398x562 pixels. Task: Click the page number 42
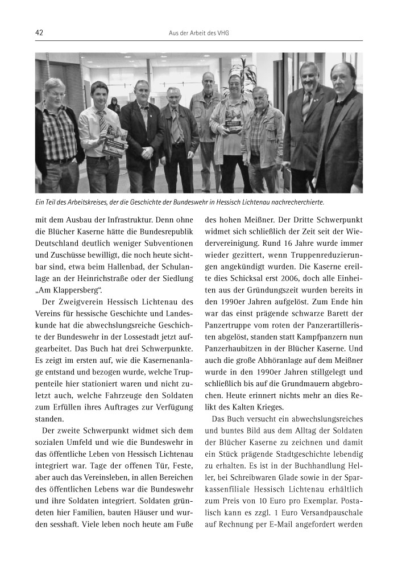[x=39, y=33]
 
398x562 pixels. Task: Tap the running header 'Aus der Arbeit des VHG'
[x=199, y=34]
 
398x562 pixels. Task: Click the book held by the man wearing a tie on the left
[x=113, y=142]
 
